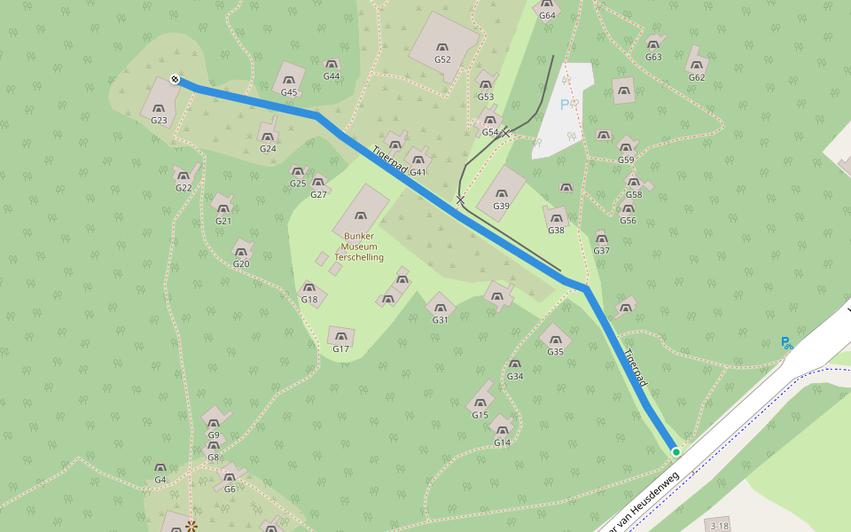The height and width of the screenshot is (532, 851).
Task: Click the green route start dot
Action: point(676,452)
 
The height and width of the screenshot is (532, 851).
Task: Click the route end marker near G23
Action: point(175,80)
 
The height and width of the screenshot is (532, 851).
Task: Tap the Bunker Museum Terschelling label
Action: point(359,246)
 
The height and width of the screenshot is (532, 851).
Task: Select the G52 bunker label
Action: point(442,59)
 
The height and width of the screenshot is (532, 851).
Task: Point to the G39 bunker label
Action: point(501,206)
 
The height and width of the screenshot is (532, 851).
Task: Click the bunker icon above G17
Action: point(340,335)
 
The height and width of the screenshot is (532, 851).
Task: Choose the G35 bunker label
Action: point(555,352)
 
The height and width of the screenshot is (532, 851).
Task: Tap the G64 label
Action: point(547,15)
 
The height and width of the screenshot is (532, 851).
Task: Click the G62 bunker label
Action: point(697,77)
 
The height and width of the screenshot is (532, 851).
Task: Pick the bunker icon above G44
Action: point(332,64)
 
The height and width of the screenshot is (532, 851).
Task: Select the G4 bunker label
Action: point(160,480)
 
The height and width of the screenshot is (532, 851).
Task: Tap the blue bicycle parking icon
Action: point(786,342)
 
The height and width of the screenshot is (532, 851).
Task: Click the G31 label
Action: point(440,320)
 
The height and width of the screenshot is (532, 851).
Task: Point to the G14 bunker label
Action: point(503,442)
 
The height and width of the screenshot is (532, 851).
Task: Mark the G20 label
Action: point(241,263)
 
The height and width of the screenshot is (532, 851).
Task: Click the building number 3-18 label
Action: point(719,526)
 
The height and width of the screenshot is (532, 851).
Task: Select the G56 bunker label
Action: point(628,220)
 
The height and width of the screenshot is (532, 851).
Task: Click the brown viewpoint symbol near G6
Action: point(191,526)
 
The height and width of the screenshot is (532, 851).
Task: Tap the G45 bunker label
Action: point(289,92)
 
